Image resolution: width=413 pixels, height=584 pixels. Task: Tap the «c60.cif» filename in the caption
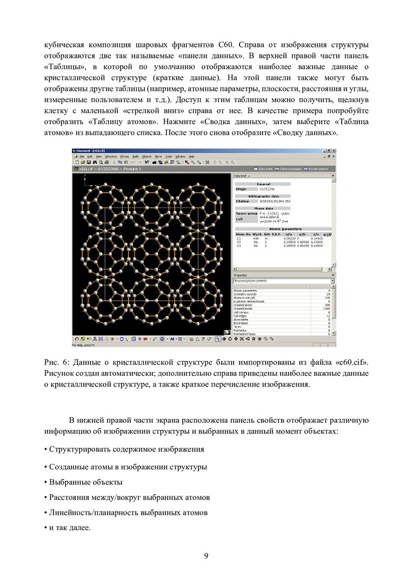pyautogui.click(x=352, y=361)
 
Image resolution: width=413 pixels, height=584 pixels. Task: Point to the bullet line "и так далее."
pyautogui.click(x=69, y=527)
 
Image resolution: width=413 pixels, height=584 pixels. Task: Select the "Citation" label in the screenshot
pyautogui.click(x=243, y=201)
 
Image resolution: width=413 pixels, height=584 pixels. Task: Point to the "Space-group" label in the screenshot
pyautogui.click(x=247, y=213)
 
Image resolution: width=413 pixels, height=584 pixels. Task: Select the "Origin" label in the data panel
pyautogui.click(x=241, y=189)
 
